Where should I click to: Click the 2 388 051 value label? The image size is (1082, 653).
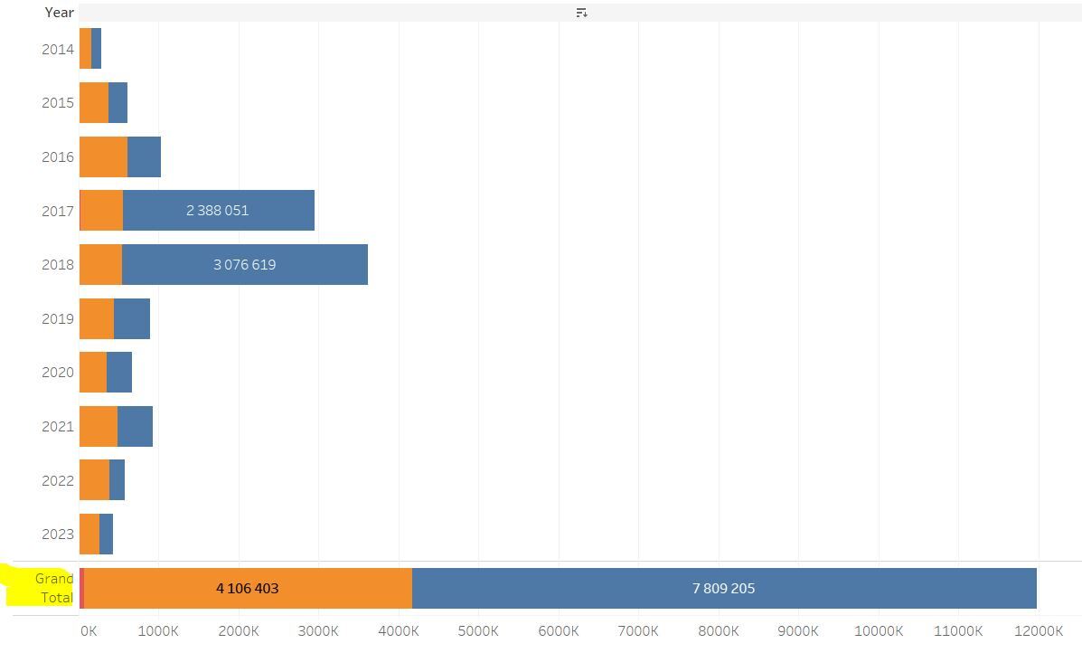217,211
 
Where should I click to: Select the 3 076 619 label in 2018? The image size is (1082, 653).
244,265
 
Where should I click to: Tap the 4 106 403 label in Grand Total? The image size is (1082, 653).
247,589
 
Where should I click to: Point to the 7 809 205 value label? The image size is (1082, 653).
723,589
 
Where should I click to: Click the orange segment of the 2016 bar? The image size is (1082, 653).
103,157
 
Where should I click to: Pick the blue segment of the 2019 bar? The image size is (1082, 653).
132,318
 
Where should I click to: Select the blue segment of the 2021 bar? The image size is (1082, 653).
135,427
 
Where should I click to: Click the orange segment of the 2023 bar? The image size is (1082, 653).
89,535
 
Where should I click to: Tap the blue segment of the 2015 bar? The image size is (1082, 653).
118,103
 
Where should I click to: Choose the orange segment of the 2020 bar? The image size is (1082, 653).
93,373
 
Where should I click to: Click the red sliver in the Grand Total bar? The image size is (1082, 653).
81,589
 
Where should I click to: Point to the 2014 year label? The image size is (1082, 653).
57,50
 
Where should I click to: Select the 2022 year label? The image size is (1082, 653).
57,481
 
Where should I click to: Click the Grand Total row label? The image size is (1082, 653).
54,588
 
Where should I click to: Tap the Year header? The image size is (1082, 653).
59,13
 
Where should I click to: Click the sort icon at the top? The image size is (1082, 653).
581,13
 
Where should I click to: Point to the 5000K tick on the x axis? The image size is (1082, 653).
478,631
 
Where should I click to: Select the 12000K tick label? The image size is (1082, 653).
1038,631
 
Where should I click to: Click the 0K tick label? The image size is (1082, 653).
88,631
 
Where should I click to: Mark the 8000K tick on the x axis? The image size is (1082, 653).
719,631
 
